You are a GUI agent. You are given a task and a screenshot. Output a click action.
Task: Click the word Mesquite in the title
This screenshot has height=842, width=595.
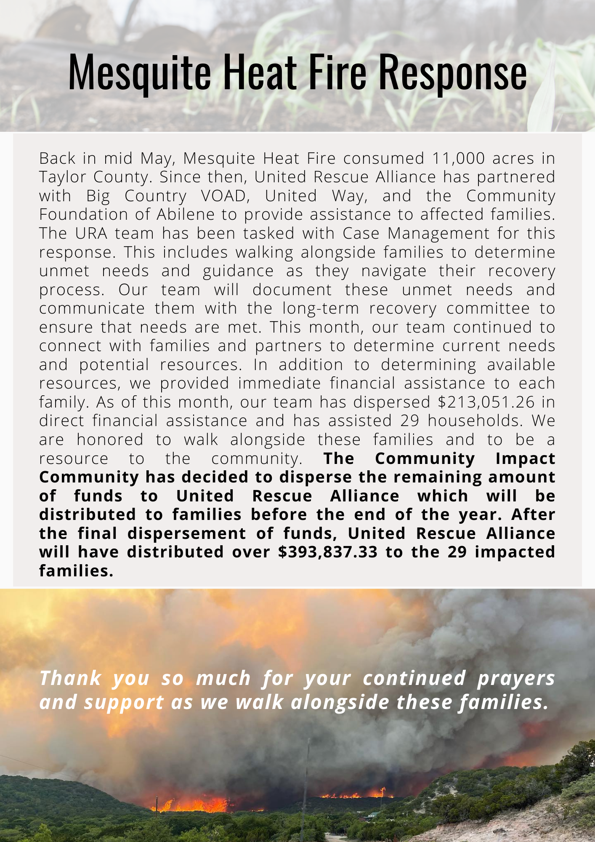click(x=139, y=72)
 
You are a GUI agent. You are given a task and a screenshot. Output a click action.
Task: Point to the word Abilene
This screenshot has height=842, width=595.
click(x=185, y=214)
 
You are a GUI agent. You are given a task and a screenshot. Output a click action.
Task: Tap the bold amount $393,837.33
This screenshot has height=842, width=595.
click(x=328, y=552)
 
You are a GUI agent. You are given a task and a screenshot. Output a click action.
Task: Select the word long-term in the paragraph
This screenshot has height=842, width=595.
click(x=321, y=308)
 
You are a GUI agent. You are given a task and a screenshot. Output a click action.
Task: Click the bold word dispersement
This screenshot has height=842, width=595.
click(x=187, y=533)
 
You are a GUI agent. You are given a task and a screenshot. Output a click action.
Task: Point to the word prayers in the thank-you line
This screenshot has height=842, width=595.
click(x=516, y=678)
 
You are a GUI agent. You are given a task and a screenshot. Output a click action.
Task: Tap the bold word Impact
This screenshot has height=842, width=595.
click(x=525, y=458)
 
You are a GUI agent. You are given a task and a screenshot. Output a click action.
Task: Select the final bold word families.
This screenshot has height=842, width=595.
click(x=76, y=571)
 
